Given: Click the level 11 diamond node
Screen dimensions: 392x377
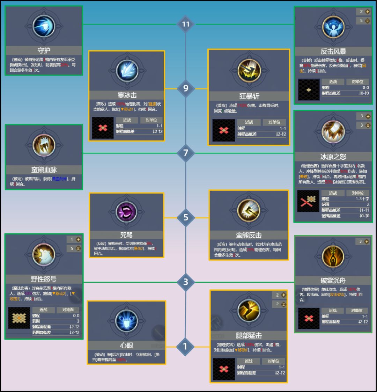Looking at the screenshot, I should click(x=185, y=24).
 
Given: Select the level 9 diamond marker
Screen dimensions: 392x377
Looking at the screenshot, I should click(x=185, y=88).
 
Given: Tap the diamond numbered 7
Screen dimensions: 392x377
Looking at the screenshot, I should click(x=185, y=153).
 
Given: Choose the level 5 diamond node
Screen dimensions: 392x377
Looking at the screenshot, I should click(x=185, y=218).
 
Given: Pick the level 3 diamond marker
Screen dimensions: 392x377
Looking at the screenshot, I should click(x=185, y=282).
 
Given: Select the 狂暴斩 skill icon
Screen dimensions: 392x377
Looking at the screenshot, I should click(x=249, y=71).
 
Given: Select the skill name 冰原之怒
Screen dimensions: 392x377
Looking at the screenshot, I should click(x=333, y=157).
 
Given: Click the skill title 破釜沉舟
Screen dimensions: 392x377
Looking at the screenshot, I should click(x=333, y=280).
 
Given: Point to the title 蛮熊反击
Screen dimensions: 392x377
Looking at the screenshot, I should click(x=249, y=235).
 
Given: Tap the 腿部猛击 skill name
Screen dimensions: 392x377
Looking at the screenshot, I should click(x=249, y=335).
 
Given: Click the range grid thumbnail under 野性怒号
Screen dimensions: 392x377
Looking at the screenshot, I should click(x=19, y=318).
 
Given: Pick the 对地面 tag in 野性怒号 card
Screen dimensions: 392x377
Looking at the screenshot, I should click(x=68, y=310).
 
